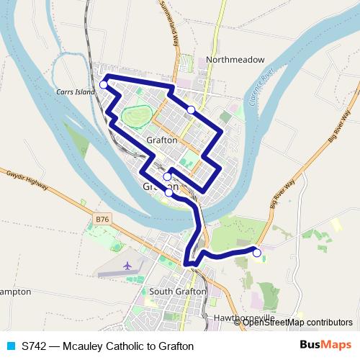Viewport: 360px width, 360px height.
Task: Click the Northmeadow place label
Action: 235,60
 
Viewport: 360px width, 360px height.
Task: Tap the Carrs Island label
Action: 75,92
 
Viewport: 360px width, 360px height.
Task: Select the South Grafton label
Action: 177,292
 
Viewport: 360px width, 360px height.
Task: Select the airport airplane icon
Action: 129,266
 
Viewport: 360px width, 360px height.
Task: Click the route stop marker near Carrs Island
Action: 104,85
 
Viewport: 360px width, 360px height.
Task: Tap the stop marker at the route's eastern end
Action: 256,253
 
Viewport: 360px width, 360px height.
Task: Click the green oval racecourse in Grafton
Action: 135,116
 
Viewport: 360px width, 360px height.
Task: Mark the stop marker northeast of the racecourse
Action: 191,109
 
